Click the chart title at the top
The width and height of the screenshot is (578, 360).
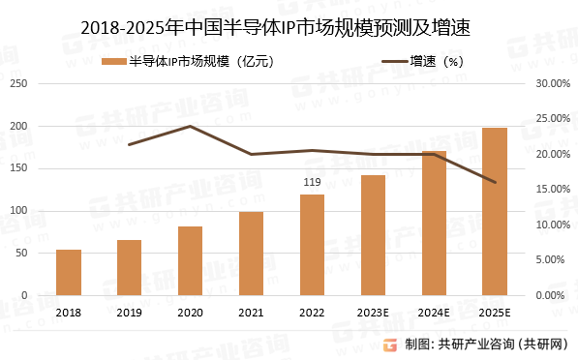click(x=289, y=30)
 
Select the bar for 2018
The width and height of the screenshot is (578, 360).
click(x=69, y=272)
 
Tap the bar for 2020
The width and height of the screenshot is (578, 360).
click(x=191, y=260)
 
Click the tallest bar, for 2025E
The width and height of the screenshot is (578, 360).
click(x=494, y=211)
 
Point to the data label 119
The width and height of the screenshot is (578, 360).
click(x=312, y=182)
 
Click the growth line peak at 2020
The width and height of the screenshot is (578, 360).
click(x=191, y=126)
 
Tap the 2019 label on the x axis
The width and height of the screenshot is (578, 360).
click(x=130, y=311)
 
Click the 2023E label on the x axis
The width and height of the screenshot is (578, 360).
click(x=373, y=311)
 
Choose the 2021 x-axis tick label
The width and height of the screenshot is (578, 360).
click(x=251, y=311)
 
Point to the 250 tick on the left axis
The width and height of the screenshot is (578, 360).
click(x=16, y=84)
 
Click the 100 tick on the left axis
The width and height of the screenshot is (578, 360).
click(x=16, y=211)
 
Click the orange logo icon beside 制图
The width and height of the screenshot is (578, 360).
click(x=389, y=345)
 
